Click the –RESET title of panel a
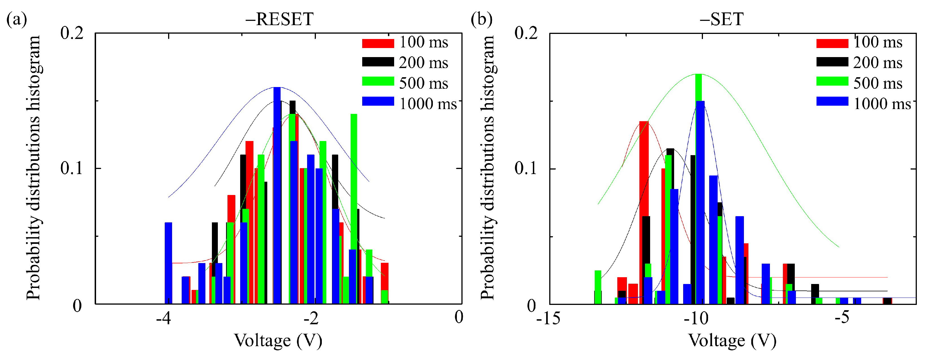(279, 19)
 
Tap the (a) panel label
(17, 19)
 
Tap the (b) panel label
(481, 19)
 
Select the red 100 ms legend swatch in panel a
(378, 43)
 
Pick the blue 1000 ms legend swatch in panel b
(832, 101)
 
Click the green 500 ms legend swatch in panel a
(378, 81)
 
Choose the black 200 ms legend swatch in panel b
(832, 62)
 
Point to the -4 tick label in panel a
(164, 318)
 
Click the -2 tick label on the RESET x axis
(311, 318)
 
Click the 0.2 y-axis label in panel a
(71, 33)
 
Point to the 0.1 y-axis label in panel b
(526, 168)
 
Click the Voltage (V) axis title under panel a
(278, 341)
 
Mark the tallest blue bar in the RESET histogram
(277, 194)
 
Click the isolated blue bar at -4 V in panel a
(168, 263)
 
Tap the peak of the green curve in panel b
(698, 75)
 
